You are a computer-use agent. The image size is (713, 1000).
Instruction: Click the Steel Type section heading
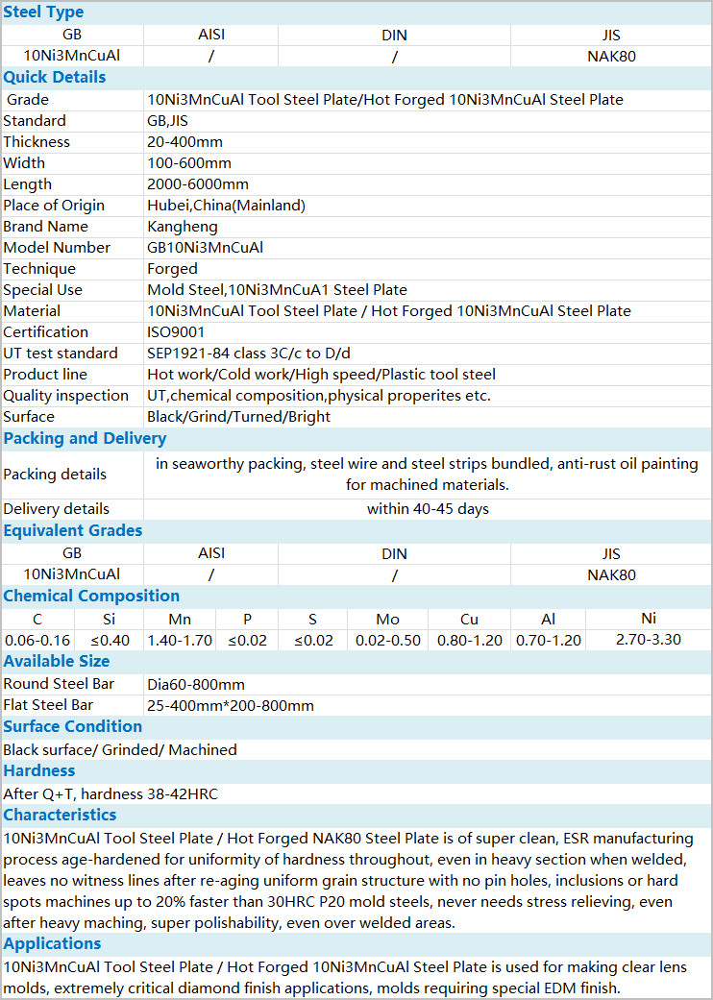(x=43, y=12)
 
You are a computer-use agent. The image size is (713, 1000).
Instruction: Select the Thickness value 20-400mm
(x=184, y=142)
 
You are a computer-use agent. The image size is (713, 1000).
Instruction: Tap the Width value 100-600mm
(x=188, y=163)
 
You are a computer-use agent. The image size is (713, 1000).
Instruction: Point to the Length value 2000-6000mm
(x=197, y=184)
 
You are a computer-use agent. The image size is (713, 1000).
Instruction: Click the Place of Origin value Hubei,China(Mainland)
(x=226, y=206)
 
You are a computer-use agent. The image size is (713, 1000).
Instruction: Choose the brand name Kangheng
(x=182, y=227)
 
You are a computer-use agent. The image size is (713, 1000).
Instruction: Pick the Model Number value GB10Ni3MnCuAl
(x=205, y=248)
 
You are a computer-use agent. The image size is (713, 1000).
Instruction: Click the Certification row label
(x=45, y=332)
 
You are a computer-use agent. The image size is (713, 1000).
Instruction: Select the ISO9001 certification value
(x=177, y=332)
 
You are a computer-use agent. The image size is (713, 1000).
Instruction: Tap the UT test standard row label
(x=61, y=354)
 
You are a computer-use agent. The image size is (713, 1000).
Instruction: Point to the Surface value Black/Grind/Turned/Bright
(x=238, y=417)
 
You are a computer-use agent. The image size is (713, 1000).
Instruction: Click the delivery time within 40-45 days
(x=428, y=509)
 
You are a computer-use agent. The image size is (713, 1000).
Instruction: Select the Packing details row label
(x=55, y=475)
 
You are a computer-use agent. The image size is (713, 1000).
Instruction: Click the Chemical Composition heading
(x=91, y=597)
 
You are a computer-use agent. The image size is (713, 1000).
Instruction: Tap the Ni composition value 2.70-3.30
(x=648, y=640)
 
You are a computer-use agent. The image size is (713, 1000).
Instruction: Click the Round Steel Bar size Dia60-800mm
(x=195, y=684)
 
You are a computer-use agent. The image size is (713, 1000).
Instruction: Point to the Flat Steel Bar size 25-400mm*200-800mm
(x=230, y=705)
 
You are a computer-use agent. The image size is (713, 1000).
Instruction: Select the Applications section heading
(x=52, y=944)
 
